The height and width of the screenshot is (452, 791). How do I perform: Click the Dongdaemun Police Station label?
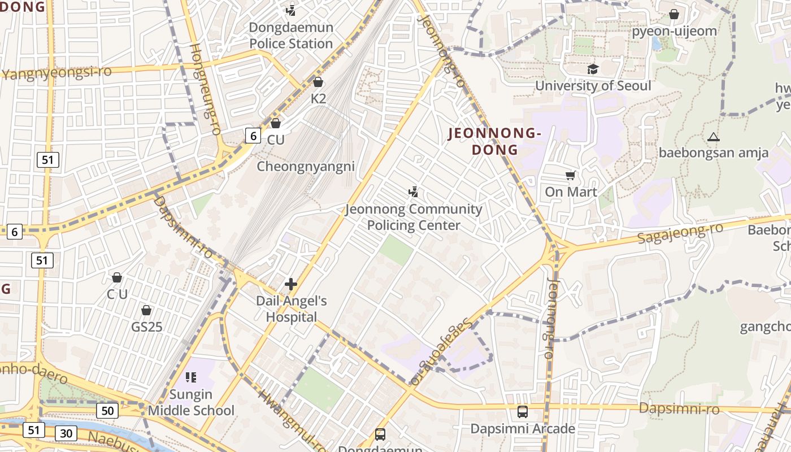tap(291, 36)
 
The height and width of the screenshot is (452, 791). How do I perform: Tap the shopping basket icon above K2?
tap(318, 82)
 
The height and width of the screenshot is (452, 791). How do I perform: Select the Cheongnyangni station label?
tap(306, 167)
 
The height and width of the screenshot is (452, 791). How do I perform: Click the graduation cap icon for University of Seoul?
tap(593, 69)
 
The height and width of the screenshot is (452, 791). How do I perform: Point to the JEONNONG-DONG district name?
tap(494, 141)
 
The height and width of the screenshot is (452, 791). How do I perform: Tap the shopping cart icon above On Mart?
tap(571, 176)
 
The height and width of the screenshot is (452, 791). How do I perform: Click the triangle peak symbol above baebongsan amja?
tap(714, 137)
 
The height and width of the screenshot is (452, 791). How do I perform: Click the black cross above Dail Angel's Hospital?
tap(291, 284)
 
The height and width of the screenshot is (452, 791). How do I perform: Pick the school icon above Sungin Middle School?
tap(191, 377)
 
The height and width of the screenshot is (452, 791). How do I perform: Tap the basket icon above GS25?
tap(146, 311)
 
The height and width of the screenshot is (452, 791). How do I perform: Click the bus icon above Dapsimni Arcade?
tap(523, 412)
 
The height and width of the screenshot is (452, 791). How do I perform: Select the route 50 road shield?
tap(107, 411)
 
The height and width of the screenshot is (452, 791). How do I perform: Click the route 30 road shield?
tap(66, 433)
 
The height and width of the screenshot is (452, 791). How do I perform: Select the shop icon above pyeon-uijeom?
tap(673, 14)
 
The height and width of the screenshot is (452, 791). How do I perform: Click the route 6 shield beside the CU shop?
tap(253, 136)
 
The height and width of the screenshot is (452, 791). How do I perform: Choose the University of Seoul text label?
tap(593, 86)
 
